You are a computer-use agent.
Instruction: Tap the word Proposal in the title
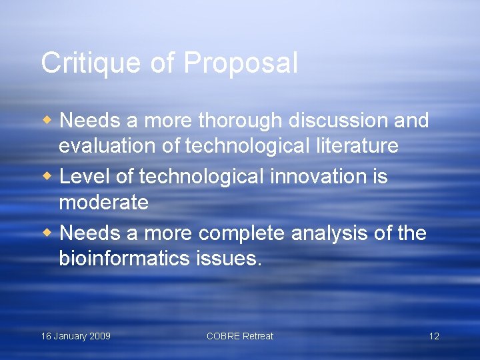pyautogui.click(x=241, y=63)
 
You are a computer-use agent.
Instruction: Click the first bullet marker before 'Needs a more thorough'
pyautogui.click(x=47, y=121)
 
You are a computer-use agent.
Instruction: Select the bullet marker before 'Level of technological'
pyautogui.click(x=47, y=177)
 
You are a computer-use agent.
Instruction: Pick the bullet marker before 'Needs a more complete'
pyautogui.click(x=47, y=233)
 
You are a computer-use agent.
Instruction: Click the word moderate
pyautogui.click(x=103, y=201)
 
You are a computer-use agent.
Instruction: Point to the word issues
pyautogui.click(x=228, y=258)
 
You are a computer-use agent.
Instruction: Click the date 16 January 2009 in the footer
pyautogui.click(x=76, y=336)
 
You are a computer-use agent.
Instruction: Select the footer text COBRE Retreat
pyautogui.click(x=240, y=336)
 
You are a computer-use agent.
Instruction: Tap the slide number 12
pyautogui.click(x=434, y=336)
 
